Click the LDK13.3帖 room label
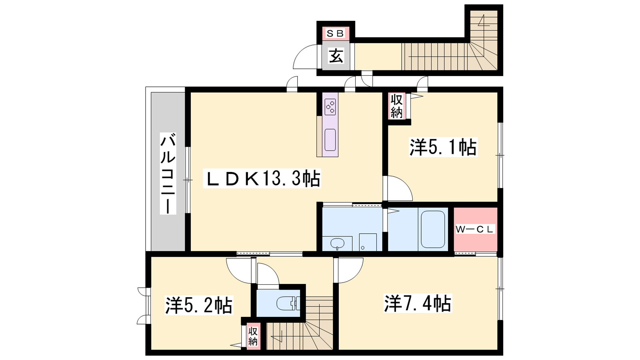click(x=262, y=178)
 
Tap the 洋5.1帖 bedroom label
click(x=443, y=147)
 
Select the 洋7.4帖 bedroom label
click(x=418, y=303)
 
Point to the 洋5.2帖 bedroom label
click(x=199, y=305)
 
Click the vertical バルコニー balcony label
click(x=168, y=174)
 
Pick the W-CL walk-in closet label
click(x=474, y=229)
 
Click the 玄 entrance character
click(x=336, y=56)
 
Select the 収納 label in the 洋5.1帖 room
click(x=396, y=106)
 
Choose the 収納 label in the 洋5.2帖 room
click(x=253, y=336)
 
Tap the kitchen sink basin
click(x=330, y=140)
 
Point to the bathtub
click(x=433, y=229)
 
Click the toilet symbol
click(x=288, y=304)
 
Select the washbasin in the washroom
click(x=338, y=244)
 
